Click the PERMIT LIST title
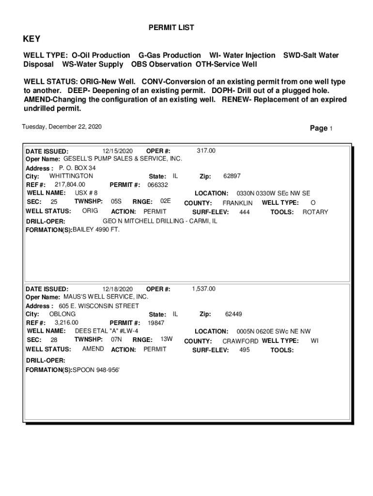coord(171,28)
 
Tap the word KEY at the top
coord(32,39)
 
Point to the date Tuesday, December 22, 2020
coord(62,127)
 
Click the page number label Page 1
coord(321,128)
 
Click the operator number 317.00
coord(206,151)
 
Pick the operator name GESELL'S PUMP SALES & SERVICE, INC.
coord(123,159)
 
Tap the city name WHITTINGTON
coord(71,176)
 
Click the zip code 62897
coord(232,176)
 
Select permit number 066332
coord(157,185)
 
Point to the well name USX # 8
coord(86,193)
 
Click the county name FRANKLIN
coord(237,203)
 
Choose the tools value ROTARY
coord(315,212)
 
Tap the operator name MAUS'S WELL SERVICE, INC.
coord(106,296)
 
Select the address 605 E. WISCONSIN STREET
coord(99,306)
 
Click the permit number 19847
coord(156,323)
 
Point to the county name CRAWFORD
coord(240,341)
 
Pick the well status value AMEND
coord(93,349)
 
